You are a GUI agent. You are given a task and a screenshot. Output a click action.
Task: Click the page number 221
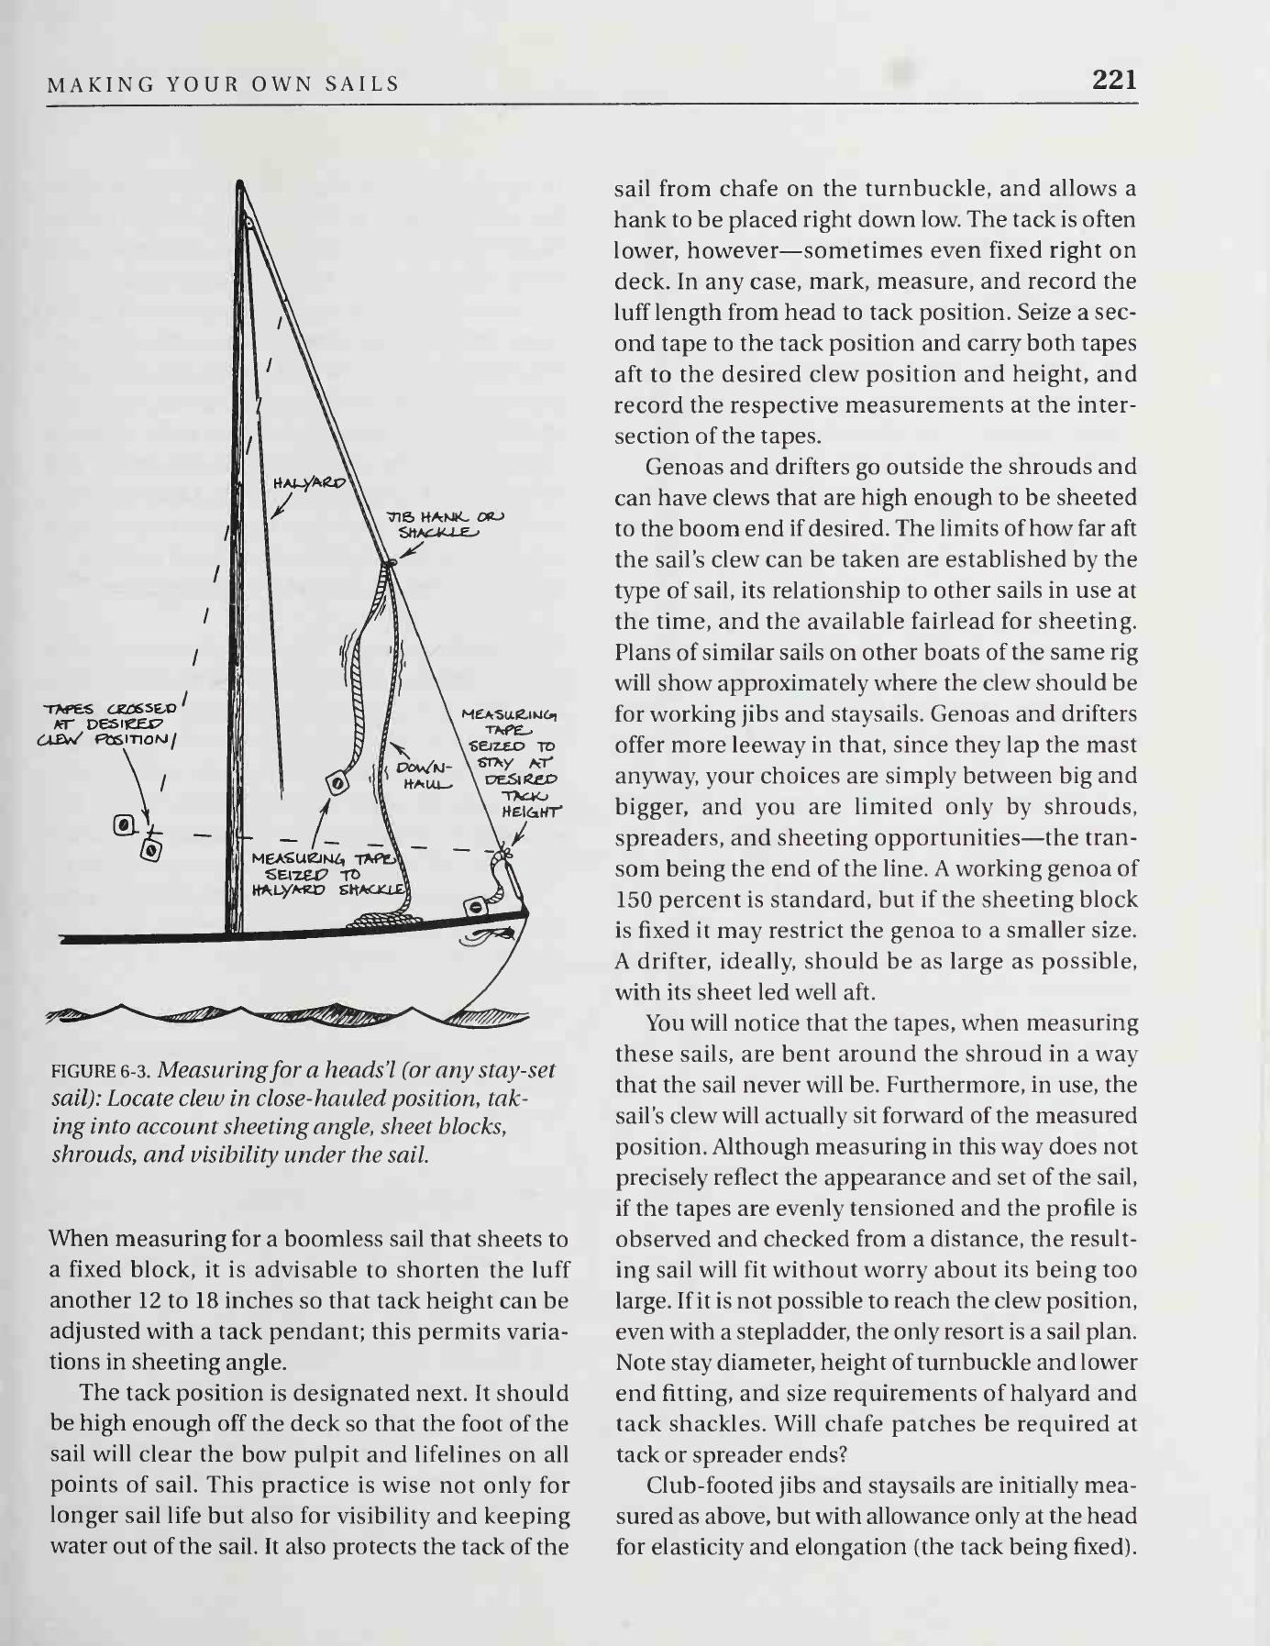[x=1114, y=80]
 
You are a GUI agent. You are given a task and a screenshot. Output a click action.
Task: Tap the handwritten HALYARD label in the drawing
[x=309, y=483]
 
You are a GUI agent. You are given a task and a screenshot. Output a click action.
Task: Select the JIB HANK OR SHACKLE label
[x=445, y=525]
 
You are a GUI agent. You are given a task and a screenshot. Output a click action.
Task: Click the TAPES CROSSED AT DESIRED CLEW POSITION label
[x=110, y=724]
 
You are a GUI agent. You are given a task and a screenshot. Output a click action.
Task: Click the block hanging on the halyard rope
[x=337, y=782]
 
